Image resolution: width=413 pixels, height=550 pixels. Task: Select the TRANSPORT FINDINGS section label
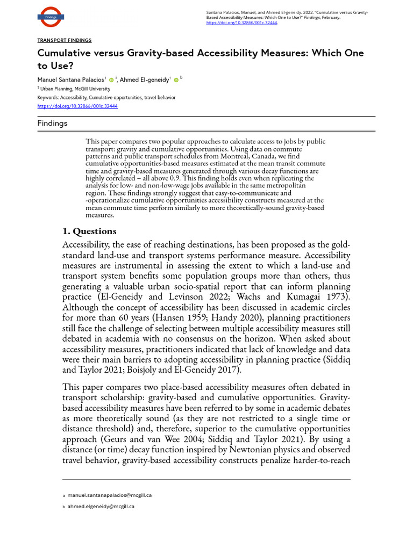[x=65, y=40]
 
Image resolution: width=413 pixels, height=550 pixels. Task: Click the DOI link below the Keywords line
[x=77, y=106]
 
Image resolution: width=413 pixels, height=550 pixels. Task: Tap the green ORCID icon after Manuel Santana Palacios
[x=111, y=80]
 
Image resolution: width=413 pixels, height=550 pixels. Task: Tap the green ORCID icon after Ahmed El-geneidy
[x=176, y=80]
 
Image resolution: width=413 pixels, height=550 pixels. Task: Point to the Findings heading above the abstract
[x=52, y=123]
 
